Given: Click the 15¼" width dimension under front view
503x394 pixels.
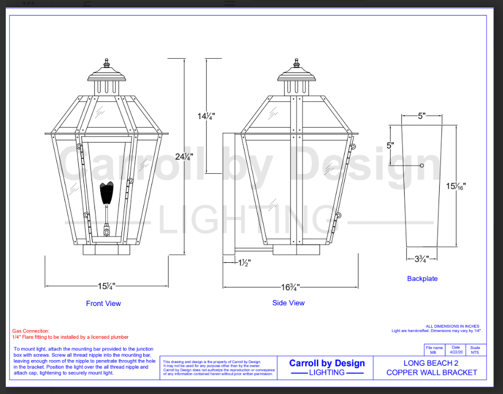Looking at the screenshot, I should [x=106, y=286].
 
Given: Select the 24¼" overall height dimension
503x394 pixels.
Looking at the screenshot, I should [x=184, y=156].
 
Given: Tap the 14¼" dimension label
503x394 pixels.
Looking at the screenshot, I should [x=206, y=116].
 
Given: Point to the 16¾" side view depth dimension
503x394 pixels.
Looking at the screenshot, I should [x=290, y=286].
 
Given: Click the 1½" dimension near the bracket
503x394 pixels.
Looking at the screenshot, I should [x=245, y=263].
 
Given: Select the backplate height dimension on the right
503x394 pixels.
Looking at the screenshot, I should [x=456, y=186].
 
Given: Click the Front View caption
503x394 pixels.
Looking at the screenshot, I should [x=104, y=303].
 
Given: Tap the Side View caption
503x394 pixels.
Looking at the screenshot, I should [x=288, y=303].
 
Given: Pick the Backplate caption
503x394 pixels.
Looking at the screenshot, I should [x=422, y=278].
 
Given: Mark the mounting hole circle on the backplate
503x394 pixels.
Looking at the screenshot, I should [x=422, y=166].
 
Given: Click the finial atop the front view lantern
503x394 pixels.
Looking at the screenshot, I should [x=106, y=62].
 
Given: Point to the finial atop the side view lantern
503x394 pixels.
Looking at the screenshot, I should [x=296, y=62].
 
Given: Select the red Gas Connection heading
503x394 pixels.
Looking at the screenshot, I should [x=31, y=331].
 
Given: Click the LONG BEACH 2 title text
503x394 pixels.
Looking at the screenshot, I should [x=431, y=363].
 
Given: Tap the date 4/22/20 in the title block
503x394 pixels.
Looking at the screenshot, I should [x=456, y=352].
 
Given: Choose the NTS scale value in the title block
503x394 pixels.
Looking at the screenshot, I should [x=475, y=352].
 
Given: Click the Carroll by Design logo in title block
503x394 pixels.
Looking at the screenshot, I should [x=326, y=367].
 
